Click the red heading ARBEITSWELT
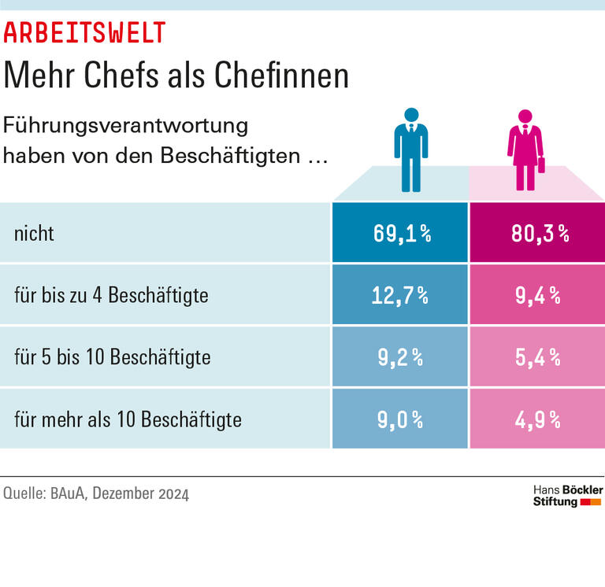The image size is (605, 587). click(85, 32)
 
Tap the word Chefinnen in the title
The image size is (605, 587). click(282, 76)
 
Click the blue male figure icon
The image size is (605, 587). click(410, 150)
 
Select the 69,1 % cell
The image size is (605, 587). click(400, 234)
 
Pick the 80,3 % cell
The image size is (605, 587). click(537, 234)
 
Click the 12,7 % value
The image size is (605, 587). click(400, 295)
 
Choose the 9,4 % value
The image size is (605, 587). click(537, 295)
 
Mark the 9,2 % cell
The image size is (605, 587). click(400, 356)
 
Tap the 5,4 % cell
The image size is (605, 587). click(537, 356)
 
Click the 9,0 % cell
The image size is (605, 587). click(400, 419)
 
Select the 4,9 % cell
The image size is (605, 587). click(537, 419)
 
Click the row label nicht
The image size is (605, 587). click(34, 234)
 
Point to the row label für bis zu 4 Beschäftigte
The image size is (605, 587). click(111, 296)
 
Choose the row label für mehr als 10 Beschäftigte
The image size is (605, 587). click(128, 419)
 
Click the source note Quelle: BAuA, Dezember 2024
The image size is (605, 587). click(96, 495)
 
